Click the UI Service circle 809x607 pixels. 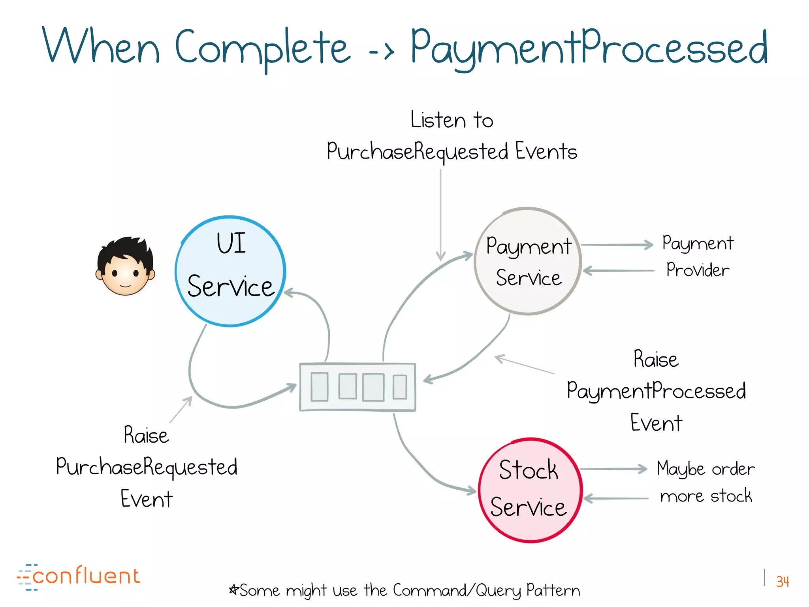pyautogui.click(x=230, y=271)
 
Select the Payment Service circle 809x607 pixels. pyautogui.click(x=528, y=261)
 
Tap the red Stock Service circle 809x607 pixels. pyautogui.click(x=530, y=490)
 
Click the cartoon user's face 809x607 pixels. pyautogui.click(x=125, y=267)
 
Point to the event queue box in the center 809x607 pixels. pyautogui.click(x=357, y=387)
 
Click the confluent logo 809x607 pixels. pyautogui.click(x=79, y=577)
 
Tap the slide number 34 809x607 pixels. pyautogui.click(x=782, y=581)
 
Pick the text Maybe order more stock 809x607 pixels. pyautogui.click(x=706, y=482)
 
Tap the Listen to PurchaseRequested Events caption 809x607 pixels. pyautogui.click(x=452, y=136)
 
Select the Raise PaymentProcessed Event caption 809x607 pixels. pyautogui.click(x=656, y=390)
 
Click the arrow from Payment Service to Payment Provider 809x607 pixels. pyautogui.click(x=616, y=245)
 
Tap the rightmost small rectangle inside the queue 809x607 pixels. pyautogui.click(x=400, y=387)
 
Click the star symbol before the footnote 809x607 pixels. pyautogui.click(x=233, y=590)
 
